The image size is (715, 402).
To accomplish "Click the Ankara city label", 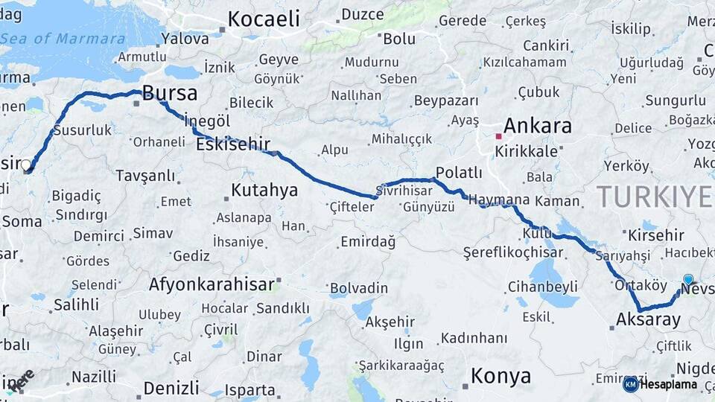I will click(537, 125).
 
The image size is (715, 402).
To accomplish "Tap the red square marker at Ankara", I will click(498, 136).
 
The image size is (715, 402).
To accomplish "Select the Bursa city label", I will click(170, 93).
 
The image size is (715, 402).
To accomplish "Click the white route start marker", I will click(26, 165).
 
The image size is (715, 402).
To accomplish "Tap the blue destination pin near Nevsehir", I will click(688, 280).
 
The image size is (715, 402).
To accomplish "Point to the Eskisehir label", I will click(232, 144).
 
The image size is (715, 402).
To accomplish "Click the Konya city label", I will click(500, 376).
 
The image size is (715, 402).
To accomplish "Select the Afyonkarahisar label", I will click(212, 284).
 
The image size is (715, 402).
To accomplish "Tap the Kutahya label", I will click(264, 190).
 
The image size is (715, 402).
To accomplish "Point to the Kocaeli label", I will click(264, 19).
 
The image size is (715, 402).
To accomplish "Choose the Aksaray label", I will click(649, 320).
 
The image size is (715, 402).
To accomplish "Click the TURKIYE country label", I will click(653, 197).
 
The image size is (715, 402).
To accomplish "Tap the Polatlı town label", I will click(459, 173).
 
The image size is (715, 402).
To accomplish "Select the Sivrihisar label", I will click(407, 190).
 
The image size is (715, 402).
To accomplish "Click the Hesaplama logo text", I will click(669, 384).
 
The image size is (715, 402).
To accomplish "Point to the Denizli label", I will click(171, 387).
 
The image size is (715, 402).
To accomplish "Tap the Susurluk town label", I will click(82, 130).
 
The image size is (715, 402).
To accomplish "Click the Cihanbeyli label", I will click(543, 286).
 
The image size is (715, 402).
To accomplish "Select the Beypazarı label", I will click(445, 100).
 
